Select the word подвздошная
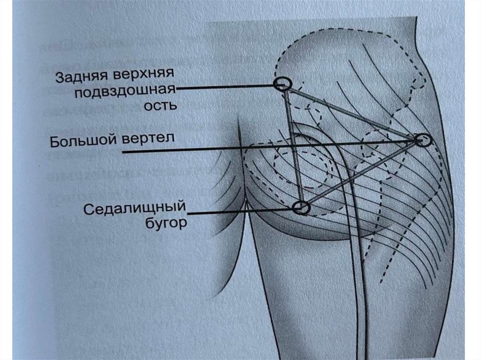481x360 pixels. pos(124,90)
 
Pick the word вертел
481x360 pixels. pos(151,139)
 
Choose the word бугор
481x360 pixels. pos(165,222)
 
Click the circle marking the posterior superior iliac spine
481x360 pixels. pos(282,84)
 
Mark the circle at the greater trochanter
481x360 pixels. pos(422,139)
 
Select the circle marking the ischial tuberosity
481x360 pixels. pos(302,207)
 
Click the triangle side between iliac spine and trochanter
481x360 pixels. pos(352,112)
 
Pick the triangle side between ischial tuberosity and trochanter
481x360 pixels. pos(362,174)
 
